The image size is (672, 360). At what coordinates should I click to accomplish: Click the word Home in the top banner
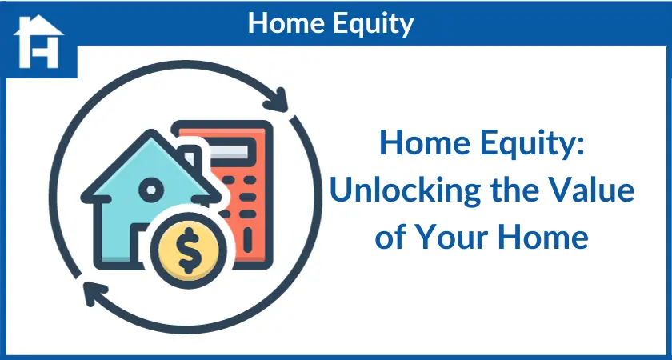point(286,23)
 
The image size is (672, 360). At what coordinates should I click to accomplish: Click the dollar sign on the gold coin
point(188,250)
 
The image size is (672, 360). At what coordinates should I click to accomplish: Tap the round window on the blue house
point(151,190)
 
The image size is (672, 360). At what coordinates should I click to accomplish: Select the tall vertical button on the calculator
point(248,239)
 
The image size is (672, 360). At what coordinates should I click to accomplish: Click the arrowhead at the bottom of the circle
point(95,292)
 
